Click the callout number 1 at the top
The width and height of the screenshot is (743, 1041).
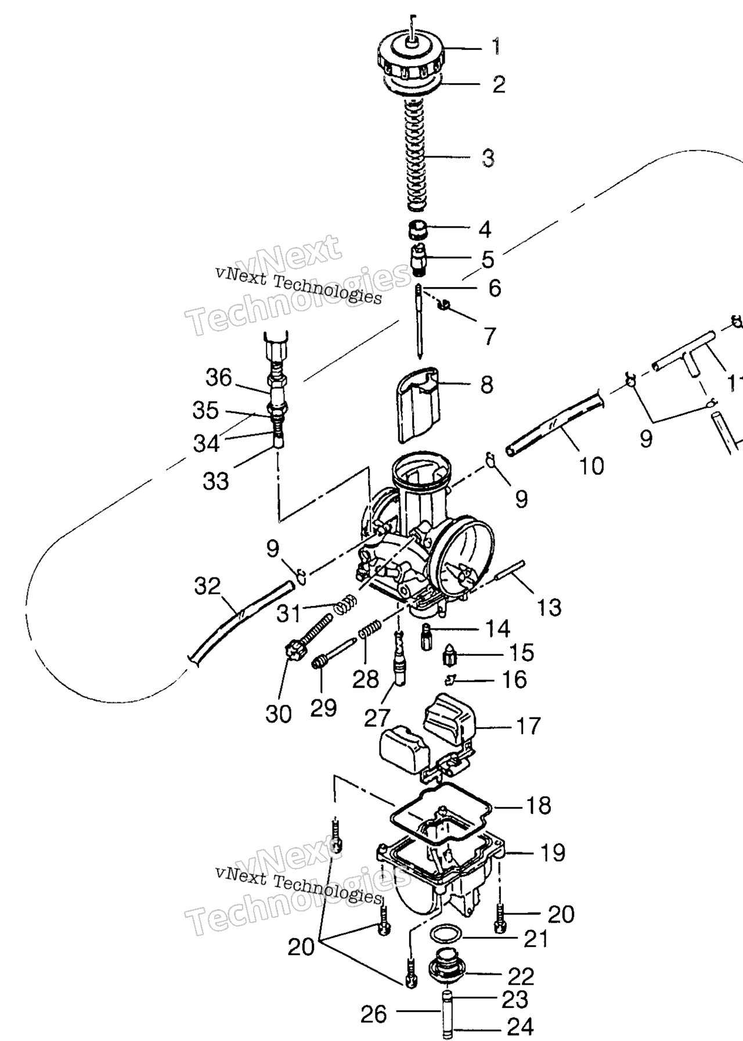496,46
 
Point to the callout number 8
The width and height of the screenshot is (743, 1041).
486,385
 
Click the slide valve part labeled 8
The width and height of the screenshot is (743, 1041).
416,407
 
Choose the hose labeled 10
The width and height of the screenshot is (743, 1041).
554,422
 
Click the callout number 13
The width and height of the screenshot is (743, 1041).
549,608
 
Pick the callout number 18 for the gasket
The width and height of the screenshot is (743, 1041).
538,805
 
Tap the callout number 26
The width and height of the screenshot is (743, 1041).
374,1014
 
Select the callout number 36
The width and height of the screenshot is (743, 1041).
219,378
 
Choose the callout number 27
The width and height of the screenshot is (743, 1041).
378,718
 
